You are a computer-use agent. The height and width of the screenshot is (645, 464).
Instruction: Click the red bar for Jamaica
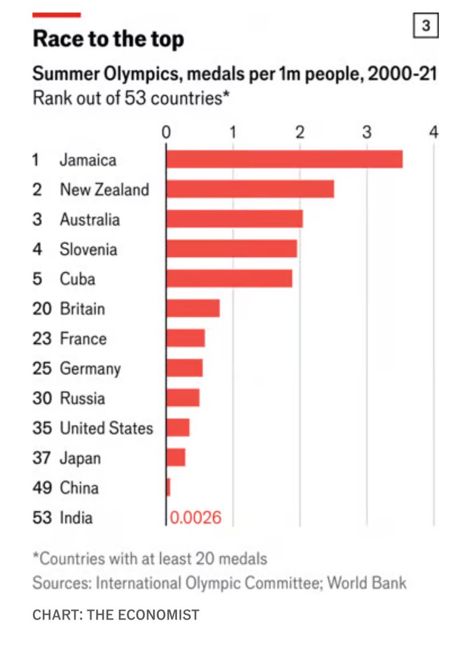tap(284, 160)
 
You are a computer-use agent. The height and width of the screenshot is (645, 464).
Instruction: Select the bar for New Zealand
tap(250, 189)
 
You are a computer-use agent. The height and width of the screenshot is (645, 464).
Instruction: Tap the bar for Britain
tap(193, 309)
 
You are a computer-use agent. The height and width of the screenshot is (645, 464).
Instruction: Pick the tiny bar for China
tap(168, 488)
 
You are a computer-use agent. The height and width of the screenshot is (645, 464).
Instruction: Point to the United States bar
tap(178, 428)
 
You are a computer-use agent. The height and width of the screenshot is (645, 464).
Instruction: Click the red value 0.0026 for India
tap(195, 518)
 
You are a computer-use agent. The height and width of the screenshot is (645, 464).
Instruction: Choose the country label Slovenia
tap(88, 249)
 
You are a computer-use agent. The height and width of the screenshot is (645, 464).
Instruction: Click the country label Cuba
tap(78, 279)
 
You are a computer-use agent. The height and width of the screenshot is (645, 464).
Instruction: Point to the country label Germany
tap(90, 369)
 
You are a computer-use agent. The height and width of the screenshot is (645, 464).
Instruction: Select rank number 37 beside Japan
tap(42, 458)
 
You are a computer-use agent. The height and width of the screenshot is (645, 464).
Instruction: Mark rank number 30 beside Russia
tap(42, 398)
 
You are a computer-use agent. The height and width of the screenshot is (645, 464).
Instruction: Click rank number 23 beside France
tap(42, 339)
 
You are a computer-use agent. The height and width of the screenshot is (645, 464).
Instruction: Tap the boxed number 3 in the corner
tap(425, 26)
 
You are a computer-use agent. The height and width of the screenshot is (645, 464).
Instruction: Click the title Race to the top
tap(108, 40)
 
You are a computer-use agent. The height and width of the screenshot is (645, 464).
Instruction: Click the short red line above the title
tap(57, 15)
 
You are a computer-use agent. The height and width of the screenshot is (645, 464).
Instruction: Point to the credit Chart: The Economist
tap(116, 614)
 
